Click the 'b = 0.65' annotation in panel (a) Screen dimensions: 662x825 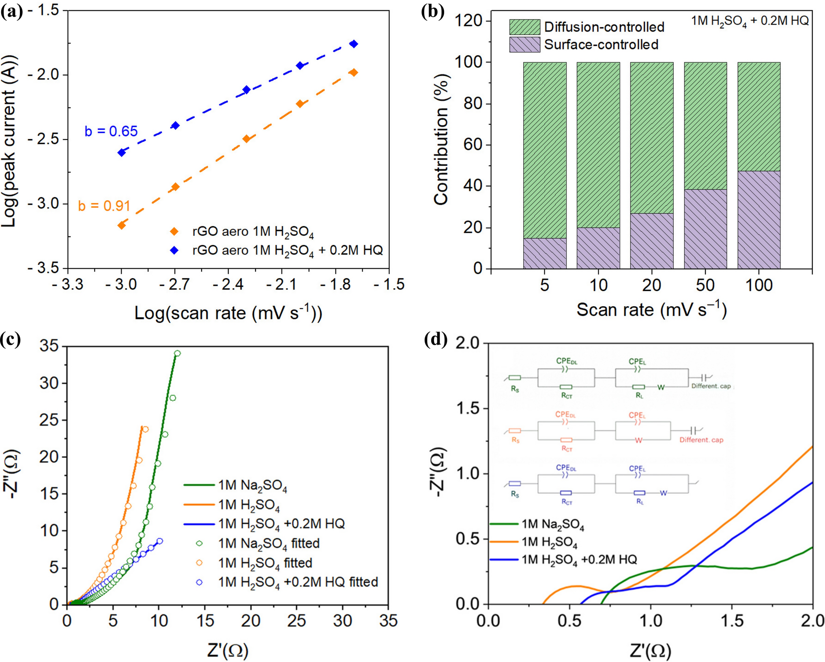point(111,131)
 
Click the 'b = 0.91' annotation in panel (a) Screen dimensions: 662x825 point(104,206)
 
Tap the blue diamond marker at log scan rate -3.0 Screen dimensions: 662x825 point(121,152)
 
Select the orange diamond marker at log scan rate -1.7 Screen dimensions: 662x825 point(354,73)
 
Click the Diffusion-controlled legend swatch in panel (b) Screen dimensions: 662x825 point(524,27)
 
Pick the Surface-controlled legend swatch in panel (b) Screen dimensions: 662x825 point(524,45)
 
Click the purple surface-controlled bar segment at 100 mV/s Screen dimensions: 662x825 point(758,220)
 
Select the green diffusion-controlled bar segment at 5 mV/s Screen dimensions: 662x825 point(544,150)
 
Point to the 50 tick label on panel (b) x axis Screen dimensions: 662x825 point(705,285)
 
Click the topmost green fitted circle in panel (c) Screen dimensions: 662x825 point(177,353)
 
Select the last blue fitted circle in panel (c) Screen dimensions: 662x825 point(160,541)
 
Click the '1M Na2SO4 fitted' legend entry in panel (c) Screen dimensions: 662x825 point(269,544)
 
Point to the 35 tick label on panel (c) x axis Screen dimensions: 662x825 point(388,621)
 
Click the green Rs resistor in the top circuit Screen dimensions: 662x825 point(515,378)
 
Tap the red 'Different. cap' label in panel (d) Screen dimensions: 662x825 point(701,440)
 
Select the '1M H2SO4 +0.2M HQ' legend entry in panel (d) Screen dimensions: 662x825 point(579,560)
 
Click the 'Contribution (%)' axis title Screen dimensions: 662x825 point(441,139)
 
